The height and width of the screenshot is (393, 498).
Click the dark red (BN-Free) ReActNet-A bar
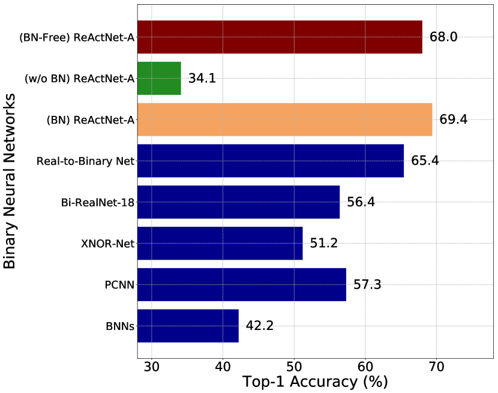pyautogui.click(x=280, y=37)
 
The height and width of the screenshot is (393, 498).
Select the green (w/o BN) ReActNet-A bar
pyautogui.click(x=159, y=79)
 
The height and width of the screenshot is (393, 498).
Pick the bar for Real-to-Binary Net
pyautogui.click(x=271, y=161)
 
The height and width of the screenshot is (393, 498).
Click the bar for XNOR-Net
pyautogui.click(x=220, y=243)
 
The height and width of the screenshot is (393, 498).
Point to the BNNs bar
pyautogui.click(x=188, y=325)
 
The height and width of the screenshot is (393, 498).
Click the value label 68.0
pyautogui.click(x=443, y=37)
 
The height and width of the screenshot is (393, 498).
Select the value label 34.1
pyautogui.click(x=202, y=79)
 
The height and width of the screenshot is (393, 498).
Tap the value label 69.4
pyautogui.click(x=454, y=119)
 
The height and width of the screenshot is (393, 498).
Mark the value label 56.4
pyautogui.click(x=361, y=202)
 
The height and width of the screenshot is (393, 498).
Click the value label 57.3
pyautogui.click(x=367, y=284)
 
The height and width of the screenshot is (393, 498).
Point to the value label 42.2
pyautogui.click(x=260, y=325)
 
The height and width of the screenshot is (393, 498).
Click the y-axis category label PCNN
pyautogui.click(x=119, y=284)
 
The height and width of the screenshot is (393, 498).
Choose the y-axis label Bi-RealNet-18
pyautogui.click(x=97, y=202)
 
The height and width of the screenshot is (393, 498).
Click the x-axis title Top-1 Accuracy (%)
pyautogui.click(x=315, y=382)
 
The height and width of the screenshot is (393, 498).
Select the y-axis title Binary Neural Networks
pyautogui.click(x=10, y=181)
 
